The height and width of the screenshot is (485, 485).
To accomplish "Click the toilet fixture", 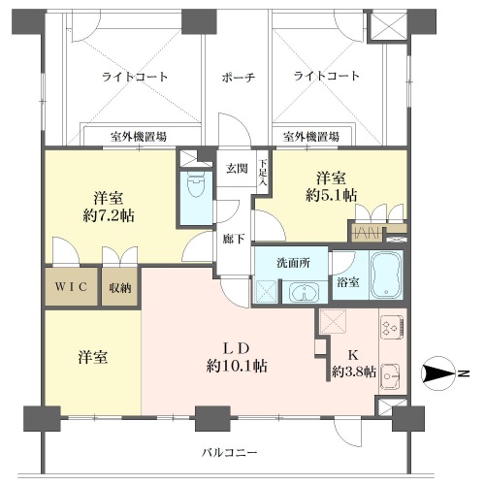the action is click(x=196, y=184).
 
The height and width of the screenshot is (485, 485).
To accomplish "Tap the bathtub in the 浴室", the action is click(x=386, y=275).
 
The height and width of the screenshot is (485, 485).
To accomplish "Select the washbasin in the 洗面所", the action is click(x=305, y=292).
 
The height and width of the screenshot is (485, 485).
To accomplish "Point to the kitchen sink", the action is click(x=391, y=376).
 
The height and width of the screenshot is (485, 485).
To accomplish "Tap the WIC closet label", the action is click(x=71, y=286).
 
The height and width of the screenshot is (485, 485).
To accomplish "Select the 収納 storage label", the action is click(x=120, y=288).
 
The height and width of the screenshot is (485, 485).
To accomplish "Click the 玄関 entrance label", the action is click(x=237, y=169).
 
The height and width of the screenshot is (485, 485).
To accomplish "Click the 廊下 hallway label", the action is click(x=234, y=239).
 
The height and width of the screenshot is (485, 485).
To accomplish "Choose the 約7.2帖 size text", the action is click(x=109, y=215).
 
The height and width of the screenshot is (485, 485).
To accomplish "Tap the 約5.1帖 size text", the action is click(x=332, y=195).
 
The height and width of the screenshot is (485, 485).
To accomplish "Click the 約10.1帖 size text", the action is click(x=237, y=366).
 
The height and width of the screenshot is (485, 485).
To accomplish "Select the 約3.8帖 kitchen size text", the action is click(x=354, y=372).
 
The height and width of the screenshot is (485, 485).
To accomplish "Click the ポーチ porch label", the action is click(x=239, y=78).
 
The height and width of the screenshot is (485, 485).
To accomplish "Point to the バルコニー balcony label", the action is click(x=230, y=452).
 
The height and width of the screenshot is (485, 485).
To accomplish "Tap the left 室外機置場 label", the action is click(x=139, y=137).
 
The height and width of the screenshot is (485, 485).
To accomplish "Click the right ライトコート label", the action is click(x=327, y=76).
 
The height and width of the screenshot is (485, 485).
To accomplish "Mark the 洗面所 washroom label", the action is click(x=293, y=263).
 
